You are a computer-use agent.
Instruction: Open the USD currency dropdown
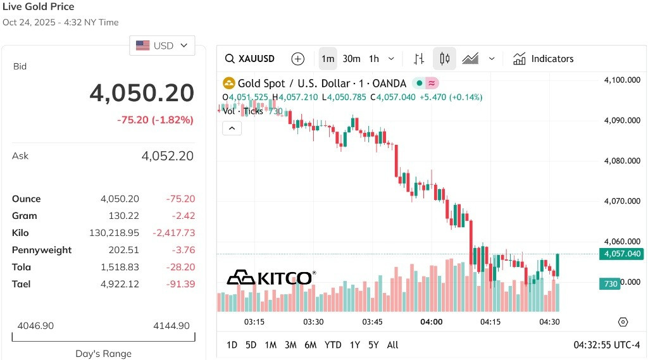[162, 46]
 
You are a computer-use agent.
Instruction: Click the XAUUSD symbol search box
[249, 59]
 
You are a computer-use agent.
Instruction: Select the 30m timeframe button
[351, 59]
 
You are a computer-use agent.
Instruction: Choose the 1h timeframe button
[374, 59]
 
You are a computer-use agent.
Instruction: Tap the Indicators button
[543, 59]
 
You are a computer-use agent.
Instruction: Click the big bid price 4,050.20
[142, 93]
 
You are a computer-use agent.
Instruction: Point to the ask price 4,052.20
[167, 156]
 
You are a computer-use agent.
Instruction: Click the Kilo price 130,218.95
[114, 233]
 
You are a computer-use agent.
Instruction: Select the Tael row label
[21, 284]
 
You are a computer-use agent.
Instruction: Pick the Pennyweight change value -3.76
[184, 250]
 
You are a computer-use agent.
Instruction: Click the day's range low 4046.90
[35, 326]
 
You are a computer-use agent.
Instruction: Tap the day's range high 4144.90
[171, 326]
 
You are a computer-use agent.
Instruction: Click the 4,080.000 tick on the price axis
[622, 161]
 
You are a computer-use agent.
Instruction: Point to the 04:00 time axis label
[432, 322]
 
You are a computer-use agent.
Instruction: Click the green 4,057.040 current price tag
[621, 254]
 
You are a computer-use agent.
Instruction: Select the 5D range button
[251, 345]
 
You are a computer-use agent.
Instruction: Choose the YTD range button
[333, 345]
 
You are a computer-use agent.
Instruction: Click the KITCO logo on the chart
[271, 277]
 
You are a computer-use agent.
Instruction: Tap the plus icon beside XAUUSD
[297, 59]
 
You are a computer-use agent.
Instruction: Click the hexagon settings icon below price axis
[623, 322]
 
